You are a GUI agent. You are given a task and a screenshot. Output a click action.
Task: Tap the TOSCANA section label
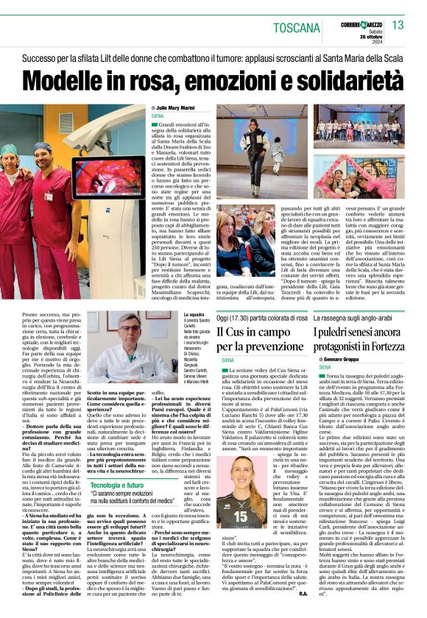(297, 28)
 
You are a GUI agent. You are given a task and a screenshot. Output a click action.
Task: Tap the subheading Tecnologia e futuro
(117, 486)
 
